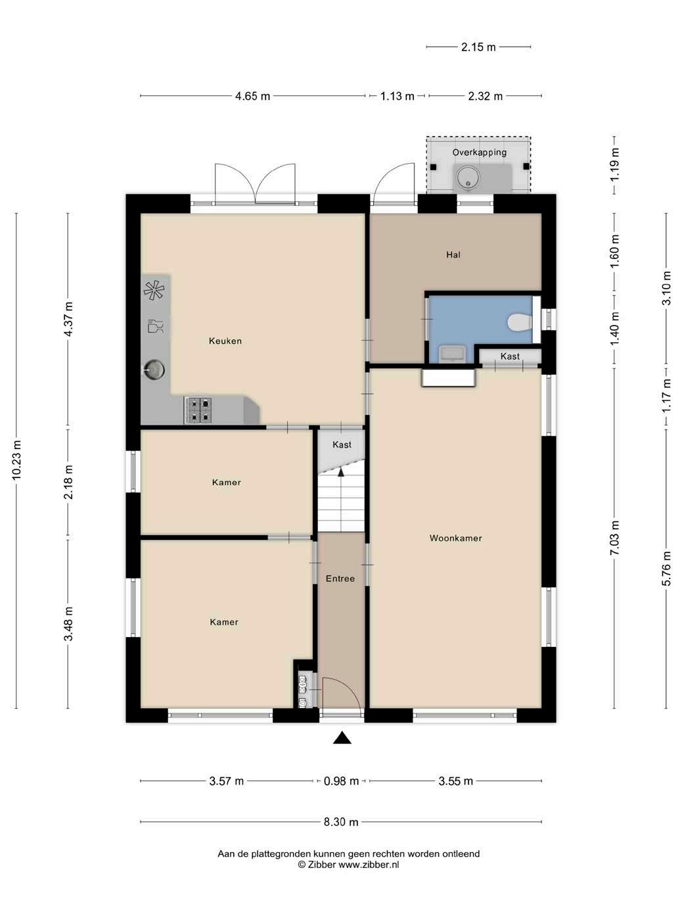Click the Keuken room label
[225, 341]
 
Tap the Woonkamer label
[455, 538]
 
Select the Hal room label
[453, 254]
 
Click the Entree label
[340, 579]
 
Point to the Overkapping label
[479, 153]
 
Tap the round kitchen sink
[154, 370]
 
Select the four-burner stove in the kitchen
[198, 410]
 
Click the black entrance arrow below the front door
[342, 738]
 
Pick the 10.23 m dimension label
[16, 460]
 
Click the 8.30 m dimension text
[341, 822]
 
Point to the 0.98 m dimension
[341, 781]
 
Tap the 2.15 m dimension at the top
[478, 47]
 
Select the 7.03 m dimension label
[614, 538]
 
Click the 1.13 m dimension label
[397, 96]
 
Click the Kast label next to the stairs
[342, 445]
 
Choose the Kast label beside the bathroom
[510, 356]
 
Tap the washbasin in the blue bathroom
[453, 354]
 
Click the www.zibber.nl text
[369, 865]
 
